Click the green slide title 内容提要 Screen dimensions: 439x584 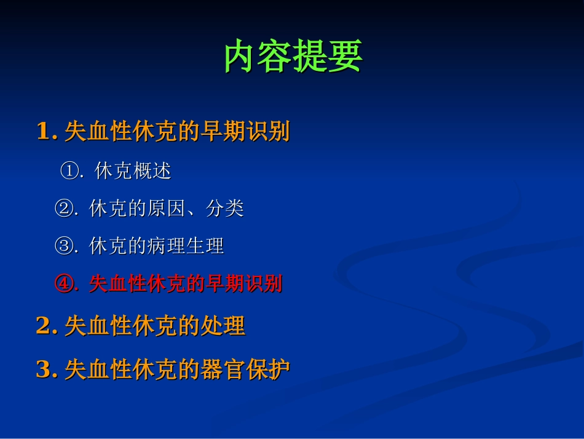click(293, 57)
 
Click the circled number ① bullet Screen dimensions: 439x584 click(69, 171)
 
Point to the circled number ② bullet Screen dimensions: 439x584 click(64, 209)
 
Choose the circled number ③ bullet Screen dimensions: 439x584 click(64, 246)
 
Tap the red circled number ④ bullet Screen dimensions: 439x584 click(64, 284)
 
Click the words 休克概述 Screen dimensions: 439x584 click(133, 171)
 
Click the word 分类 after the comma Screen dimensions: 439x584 click(224, 209)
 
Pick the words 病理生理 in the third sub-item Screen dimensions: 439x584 click(185, 246)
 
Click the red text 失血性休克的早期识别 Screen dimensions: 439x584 click(185, 284)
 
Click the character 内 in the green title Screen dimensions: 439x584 click(240, 57)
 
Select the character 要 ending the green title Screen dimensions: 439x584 click(345, 57)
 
